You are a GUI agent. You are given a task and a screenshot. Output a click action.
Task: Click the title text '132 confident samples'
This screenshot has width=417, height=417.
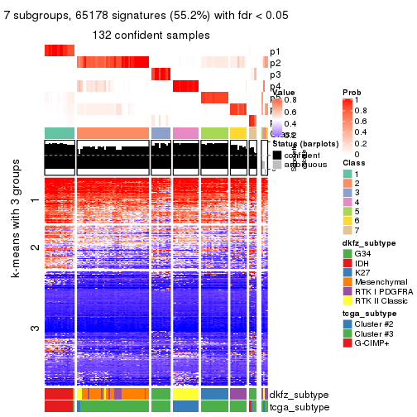click(151, 34)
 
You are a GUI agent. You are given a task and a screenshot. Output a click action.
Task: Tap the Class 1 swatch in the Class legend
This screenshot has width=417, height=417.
click(347, 172)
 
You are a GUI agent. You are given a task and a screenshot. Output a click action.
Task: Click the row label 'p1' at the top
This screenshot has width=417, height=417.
click(275, 51)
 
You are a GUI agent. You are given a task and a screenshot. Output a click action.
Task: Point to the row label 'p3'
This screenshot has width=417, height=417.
click(275, 74)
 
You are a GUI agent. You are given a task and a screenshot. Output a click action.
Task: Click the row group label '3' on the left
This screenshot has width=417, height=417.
click(35, 328)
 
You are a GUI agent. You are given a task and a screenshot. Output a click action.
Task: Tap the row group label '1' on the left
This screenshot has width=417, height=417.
click(35, 200)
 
